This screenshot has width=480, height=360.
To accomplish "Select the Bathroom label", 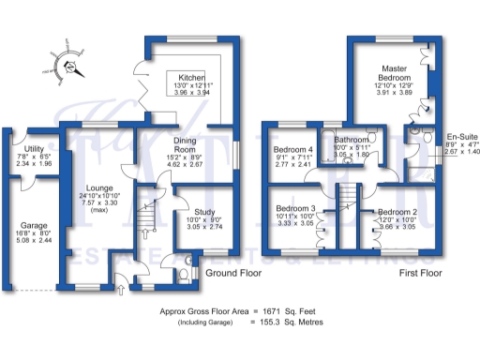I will (x=352, y=139).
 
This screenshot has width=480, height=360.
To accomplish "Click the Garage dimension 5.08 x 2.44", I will (x=35, y=239).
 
